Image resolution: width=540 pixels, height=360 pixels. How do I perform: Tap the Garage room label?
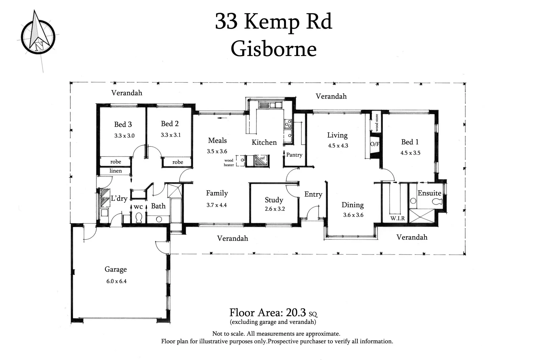(115, 269)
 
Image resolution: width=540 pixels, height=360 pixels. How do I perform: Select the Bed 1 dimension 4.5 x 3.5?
(410, 153)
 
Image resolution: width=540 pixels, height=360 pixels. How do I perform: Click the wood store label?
(377, 122)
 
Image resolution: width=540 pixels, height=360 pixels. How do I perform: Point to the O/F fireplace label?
(374, 144)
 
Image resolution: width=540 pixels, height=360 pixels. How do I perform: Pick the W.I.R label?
(397, 218)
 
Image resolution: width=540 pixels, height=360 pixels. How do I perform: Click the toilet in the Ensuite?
(437, 202)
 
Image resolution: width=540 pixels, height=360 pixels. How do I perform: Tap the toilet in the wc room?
(138, 218)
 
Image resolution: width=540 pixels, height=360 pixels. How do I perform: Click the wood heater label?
(229, 163)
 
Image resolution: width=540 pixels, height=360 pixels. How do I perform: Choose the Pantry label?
(294, 155)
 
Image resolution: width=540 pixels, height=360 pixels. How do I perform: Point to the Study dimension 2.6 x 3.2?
(275, 209)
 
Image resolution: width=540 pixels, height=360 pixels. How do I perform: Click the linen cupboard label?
(115, 171)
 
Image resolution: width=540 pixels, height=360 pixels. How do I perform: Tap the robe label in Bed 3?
(115, 162)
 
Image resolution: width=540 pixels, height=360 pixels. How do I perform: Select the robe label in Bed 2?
(178, 162)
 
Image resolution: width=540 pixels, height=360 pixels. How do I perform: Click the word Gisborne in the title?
(273, 49)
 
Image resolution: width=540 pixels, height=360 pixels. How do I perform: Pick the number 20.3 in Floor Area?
(296, 312)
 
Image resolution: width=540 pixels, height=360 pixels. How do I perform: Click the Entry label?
(313, 194)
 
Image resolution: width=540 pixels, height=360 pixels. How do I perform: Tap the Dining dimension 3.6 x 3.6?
(353, 215)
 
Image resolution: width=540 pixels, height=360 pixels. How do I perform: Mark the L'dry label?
(119, 198)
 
